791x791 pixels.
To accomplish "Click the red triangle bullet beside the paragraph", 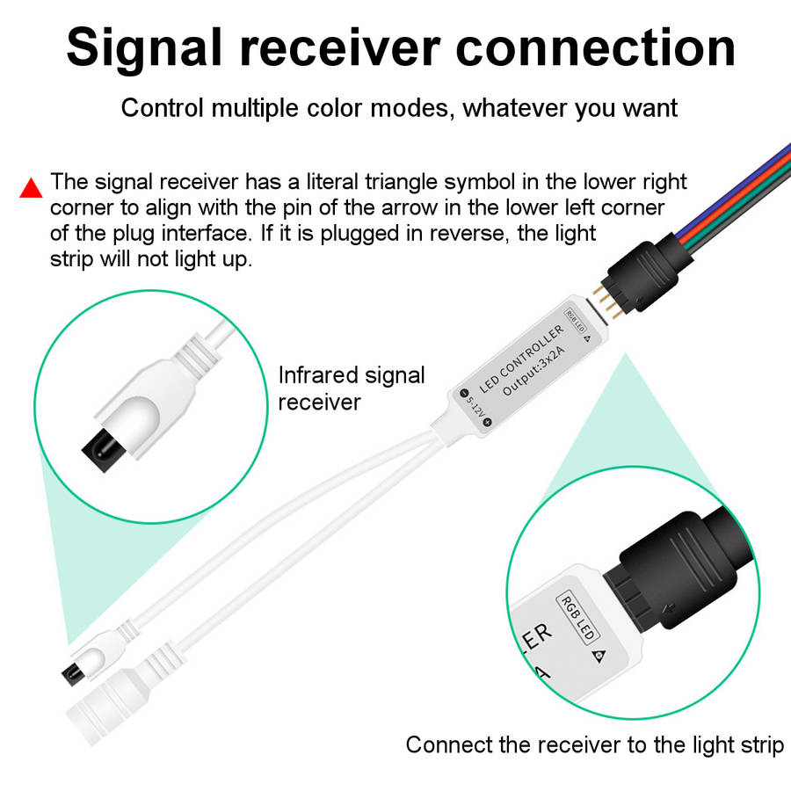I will point(32,188).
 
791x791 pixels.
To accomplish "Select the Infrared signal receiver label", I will point(351,388).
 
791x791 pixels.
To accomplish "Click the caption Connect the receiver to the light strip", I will point(594,745).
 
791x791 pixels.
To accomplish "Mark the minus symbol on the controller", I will point(464,393).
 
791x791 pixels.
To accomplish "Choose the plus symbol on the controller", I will point(487,422).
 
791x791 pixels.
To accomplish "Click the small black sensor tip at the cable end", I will point(68,672).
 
